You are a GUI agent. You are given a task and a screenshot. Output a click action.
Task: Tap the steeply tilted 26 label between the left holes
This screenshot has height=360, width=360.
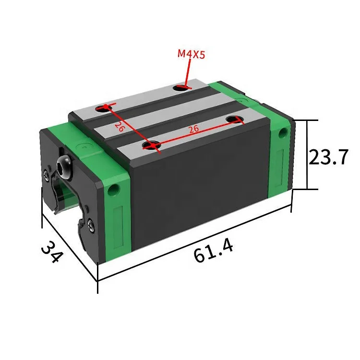pyautogui.click(x=120, y=127)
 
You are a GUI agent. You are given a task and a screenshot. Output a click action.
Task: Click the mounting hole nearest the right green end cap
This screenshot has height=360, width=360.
pyautogui.click(x=235, y=119)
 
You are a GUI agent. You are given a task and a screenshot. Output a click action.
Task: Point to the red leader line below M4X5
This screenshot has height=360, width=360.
pyautogui.click(x=185, y=72)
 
